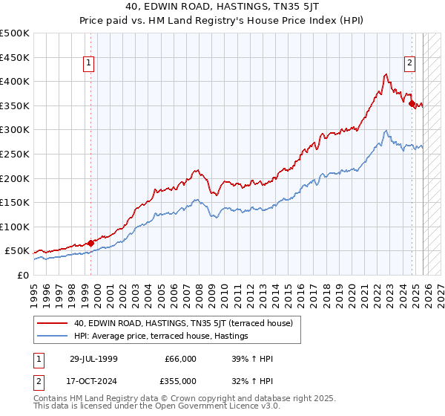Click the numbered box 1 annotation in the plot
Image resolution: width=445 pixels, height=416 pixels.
point(88,64)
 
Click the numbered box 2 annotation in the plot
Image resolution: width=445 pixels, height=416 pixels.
point(409,64)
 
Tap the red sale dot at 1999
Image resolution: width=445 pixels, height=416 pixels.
point(90,242)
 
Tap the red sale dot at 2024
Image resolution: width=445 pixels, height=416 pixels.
point(412,103)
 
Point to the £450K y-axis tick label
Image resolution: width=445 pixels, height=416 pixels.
point(15,57)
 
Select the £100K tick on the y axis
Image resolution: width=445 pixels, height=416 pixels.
point(15,227)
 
